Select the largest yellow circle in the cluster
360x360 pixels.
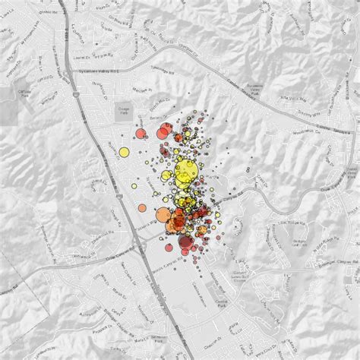[185, 172]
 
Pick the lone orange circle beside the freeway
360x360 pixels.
[141, 207]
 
